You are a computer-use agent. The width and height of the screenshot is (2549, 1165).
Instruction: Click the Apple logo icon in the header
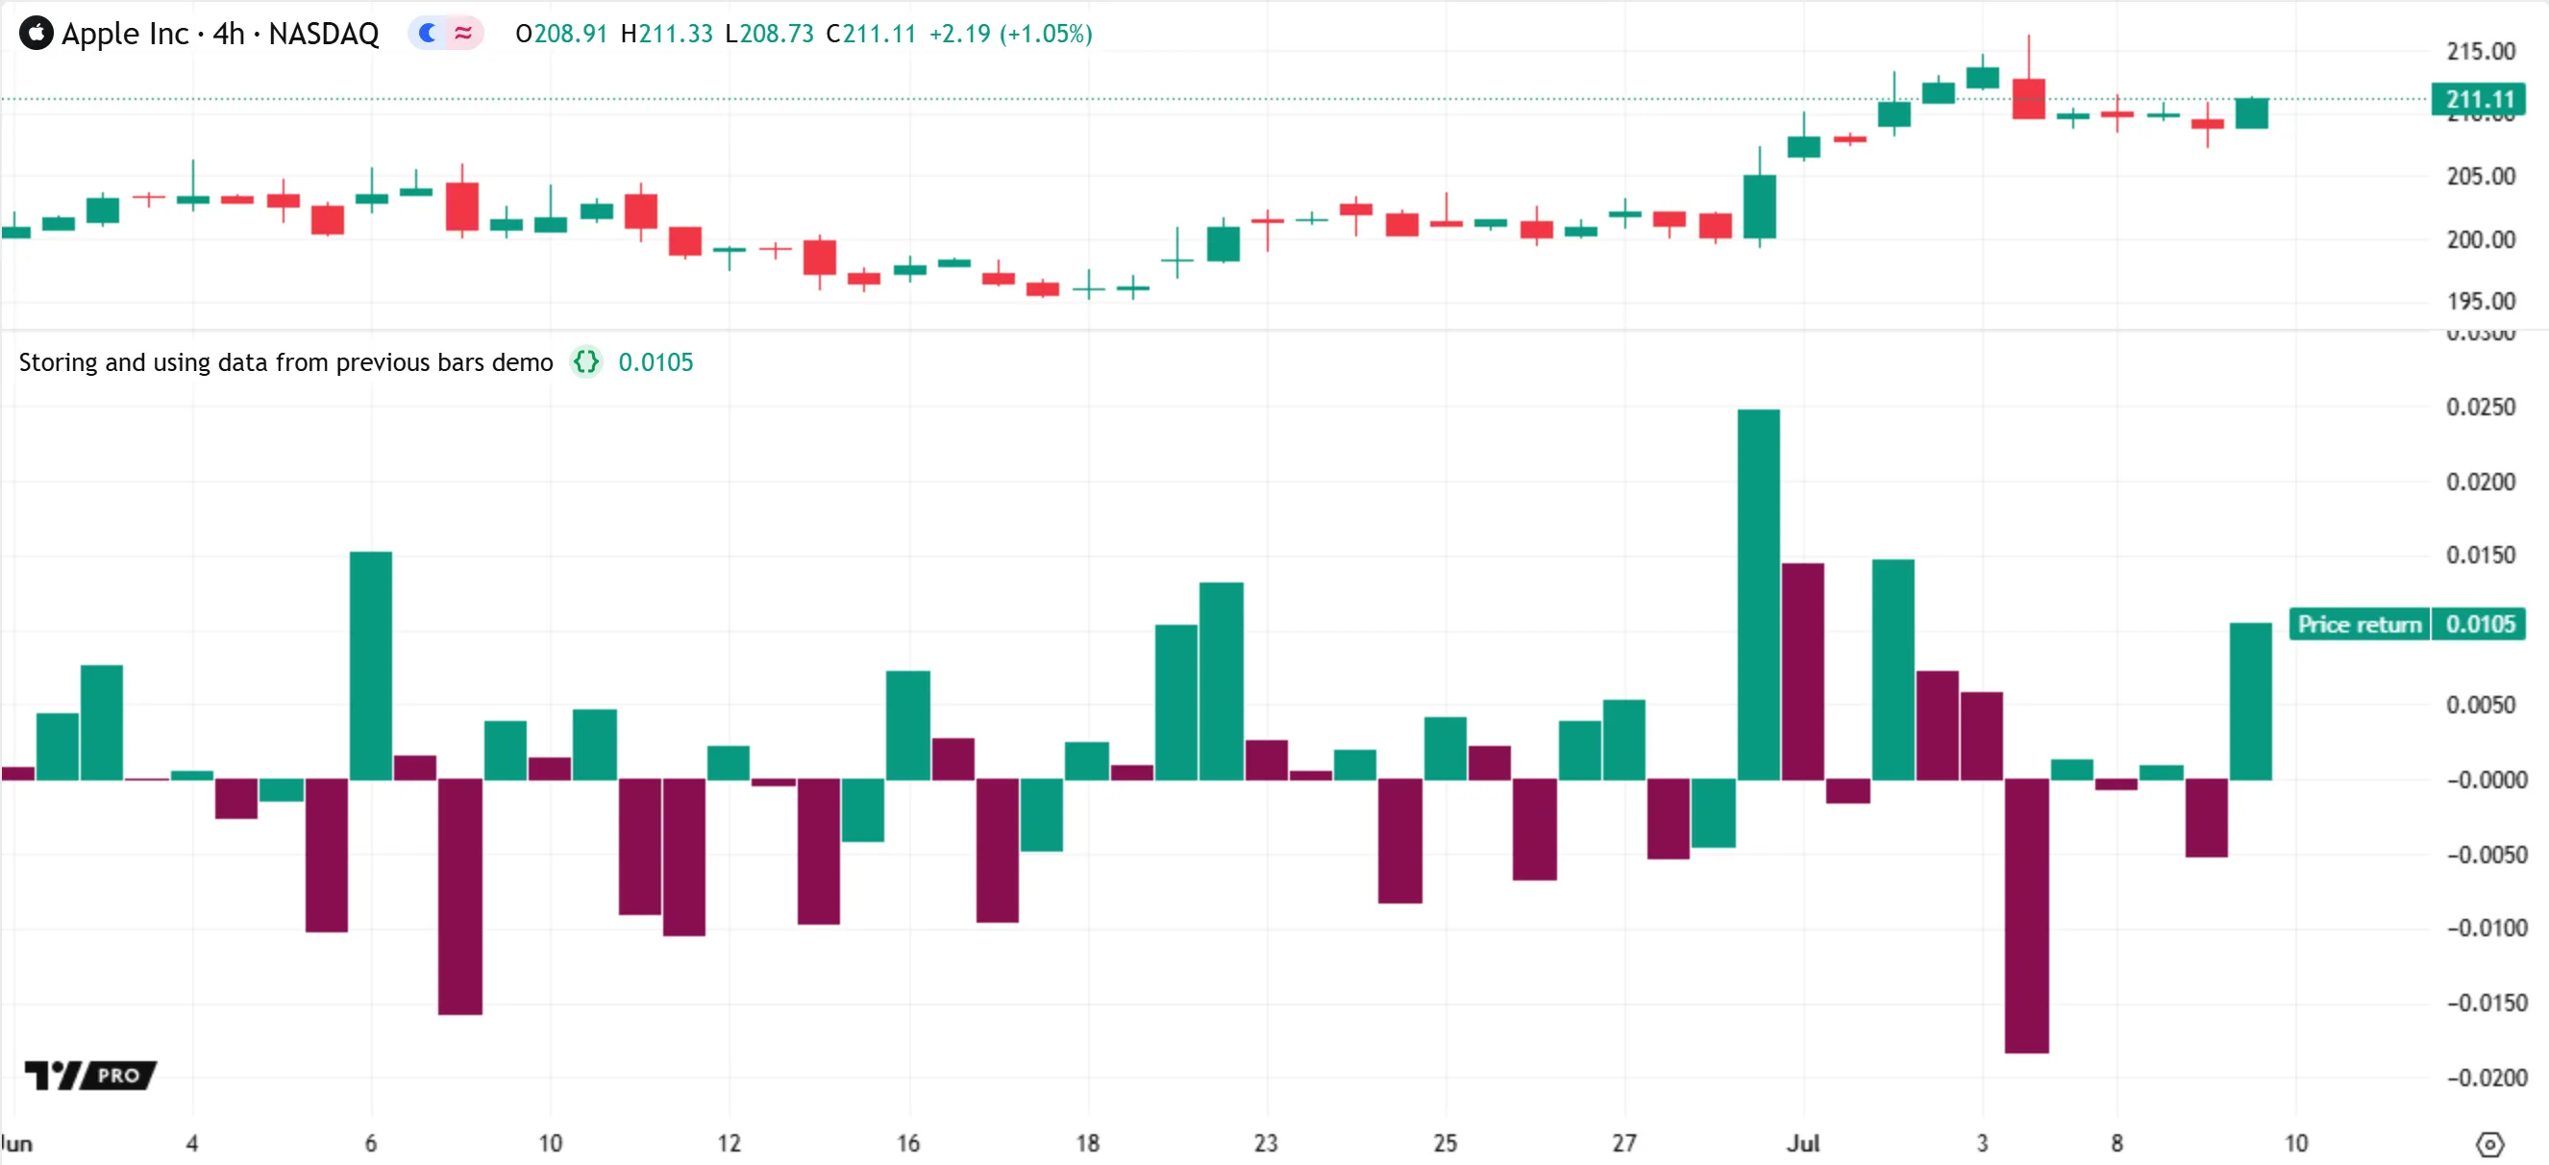(x=36, y=34)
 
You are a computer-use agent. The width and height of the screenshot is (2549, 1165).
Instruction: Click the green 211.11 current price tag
(x=2479, y=99)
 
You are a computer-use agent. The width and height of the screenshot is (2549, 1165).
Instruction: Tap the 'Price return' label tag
(x=2359, y=625)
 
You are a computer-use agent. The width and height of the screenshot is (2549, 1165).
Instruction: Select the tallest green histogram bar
(x=1758, y=594)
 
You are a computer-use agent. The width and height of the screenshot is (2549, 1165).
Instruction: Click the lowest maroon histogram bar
(x=2026, y=916)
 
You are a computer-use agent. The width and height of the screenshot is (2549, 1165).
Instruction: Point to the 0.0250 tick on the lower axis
(x=2480, y=407)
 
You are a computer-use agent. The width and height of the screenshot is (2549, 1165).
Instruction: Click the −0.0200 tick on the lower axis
(x=2486, y=1077)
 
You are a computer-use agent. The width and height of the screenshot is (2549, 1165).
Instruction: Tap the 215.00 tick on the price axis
(x=2480, y=52)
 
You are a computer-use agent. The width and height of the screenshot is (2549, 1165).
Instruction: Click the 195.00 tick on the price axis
(x=2480, y=301)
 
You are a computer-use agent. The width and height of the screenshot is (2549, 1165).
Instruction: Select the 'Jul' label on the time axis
(x=1802, y=1143)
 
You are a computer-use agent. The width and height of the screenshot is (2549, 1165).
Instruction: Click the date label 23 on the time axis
(x=1266, y=1143)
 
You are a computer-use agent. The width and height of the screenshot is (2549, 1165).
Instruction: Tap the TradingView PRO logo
(x=90, y=1075)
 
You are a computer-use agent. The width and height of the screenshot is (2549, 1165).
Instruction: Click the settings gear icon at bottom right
(x=2489, y=1144)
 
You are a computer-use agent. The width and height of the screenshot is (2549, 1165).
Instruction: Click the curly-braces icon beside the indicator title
(x=585, y=362)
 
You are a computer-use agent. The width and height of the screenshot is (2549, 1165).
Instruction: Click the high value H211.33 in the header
(x=666, y=34)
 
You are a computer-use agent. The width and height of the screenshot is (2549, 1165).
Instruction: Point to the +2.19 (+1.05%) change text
(x=1009, y=34)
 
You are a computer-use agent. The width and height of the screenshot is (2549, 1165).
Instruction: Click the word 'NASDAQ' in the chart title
(x=324, y=34)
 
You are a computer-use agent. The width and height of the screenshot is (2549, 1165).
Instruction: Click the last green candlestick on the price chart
(x=2251, y=112)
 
